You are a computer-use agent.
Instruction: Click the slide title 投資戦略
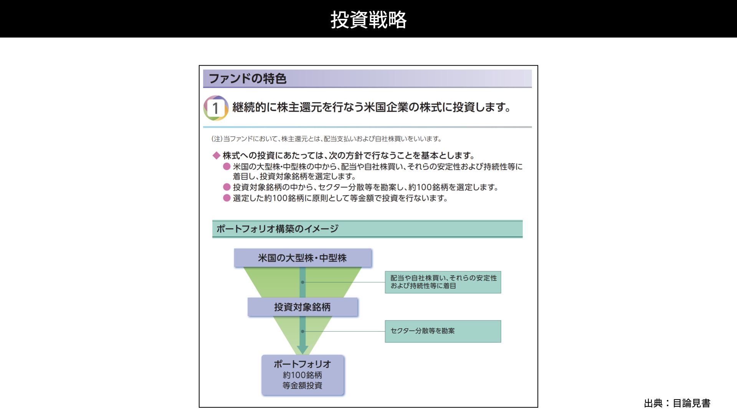[368, 20]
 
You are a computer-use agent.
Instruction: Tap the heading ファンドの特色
[248, 78]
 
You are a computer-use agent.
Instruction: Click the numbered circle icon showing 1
[216, 108]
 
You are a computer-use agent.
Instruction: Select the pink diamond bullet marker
[216, 155]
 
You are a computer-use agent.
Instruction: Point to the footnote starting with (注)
[327, 139]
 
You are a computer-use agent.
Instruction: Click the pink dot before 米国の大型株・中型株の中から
[227, 166]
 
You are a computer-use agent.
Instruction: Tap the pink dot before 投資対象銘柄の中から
[227, 187]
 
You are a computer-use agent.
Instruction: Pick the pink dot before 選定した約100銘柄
[227, 198]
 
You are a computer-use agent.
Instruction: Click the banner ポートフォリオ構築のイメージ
[367, 229]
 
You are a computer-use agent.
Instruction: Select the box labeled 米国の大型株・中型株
[303, 258]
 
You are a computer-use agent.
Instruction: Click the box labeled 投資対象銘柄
[303, 307]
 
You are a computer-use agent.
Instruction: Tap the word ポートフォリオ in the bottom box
[302, 364]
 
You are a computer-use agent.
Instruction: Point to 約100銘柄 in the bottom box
[302, 375]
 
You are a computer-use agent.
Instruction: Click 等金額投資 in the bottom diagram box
[302, 385]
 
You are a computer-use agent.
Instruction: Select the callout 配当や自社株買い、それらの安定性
[443, 282]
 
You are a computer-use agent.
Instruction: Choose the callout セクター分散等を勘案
[443, 331]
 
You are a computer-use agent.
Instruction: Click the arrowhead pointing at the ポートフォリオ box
[302, 350]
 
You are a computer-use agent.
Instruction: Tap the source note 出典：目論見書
[677, 403]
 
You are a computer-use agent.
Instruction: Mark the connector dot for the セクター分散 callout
[302, 331]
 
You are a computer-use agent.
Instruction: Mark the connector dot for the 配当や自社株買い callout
[302, 282]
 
